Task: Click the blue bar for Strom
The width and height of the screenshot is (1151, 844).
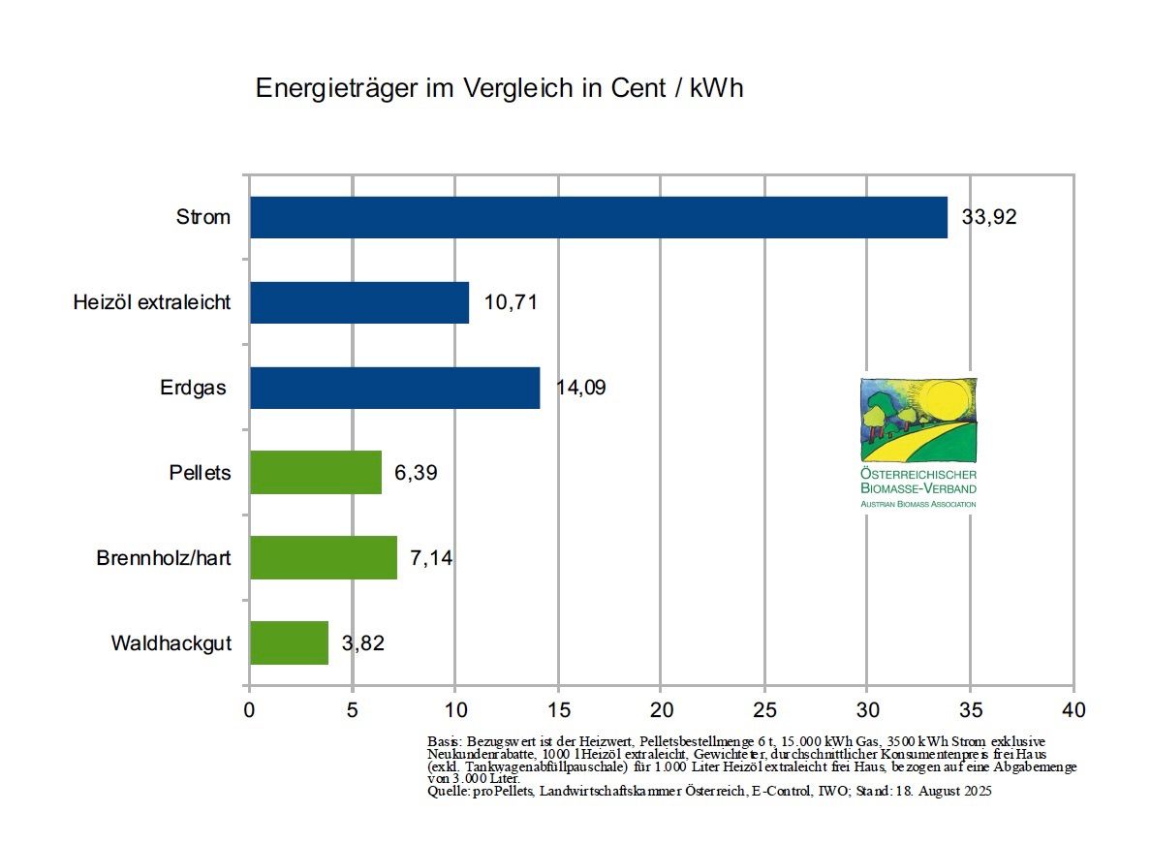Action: [598, 217]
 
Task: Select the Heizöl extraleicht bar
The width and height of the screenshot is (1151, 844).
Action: [359, 302]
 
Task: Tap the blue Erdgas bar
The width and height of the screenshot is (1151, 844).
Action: [394, 388]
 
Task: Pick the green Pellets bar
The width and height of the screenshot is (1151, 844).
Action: [316, 473]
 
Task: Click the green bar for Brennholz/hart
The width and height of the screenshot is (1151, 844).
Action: [324, 557]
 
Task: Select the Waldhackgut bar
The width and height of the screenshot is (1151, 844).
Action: [289, 642]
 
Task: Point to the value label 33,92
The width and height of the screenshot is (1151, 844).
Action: [989, 217]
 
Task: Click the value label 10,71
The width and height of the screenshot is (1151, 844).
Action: [511, 302]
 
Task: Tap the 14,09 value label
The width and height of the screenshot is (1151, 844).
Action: [581, 388]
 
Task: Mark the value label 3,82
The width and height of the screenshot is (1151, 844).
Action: [363, 643]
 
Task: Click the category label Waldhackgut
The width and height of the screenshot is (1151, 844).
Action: [171, 643]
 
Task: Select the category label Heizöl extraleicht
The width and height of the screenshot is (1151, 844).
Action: [152, 302]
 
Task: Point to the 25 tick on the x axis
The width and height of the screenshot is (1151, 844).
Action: [764, 709]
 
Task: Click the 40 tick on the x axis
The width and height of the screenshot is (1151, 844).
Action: [1073, 709]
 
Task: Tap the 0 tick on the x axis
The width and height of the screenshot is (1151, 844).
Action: [250, 709]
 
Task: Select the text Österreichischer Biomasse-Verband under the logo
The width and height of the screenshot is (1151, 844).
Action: [918, 482]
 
